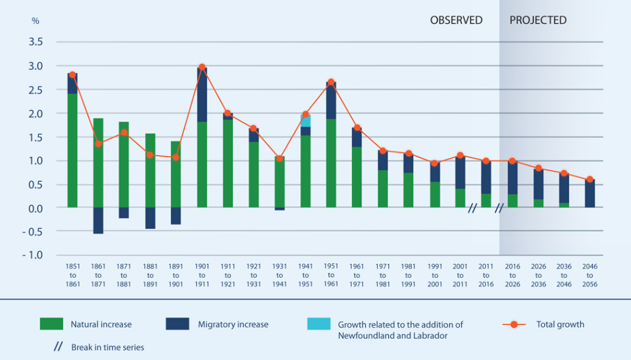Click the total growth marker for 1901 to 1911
202,67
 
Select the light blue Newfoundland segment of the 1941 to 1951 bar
305,120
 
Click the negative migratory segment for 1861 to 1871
98,220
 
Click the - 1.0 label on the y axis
33,255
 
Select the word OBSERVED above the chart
456,20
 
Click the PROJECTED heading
538,20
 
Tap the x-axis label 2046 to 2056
590,276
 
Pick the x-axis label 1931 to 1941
280,276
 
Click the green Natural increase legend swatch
51,324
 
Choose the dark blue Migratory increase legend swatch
177,324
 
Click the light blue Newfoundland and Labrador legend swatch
318,324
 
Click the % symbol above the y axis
36,21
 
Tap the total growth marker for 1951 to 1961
331,82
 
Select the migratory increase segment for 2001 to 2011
461,172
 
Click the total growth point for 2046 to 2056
590,179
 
